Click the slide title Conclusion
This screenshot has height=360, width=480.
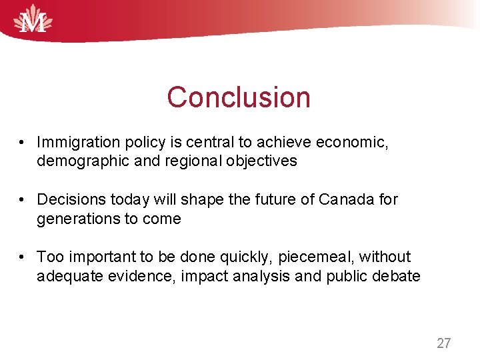point(239,97)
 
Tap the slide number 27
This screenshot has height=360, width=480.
point(443,343)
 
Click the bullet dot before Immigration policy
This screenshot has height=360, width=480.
point(23,143)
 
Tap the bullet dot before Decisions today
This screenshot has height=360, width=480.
point(23,200)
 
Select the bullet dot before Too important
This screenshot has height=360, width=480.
point(23,257)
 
